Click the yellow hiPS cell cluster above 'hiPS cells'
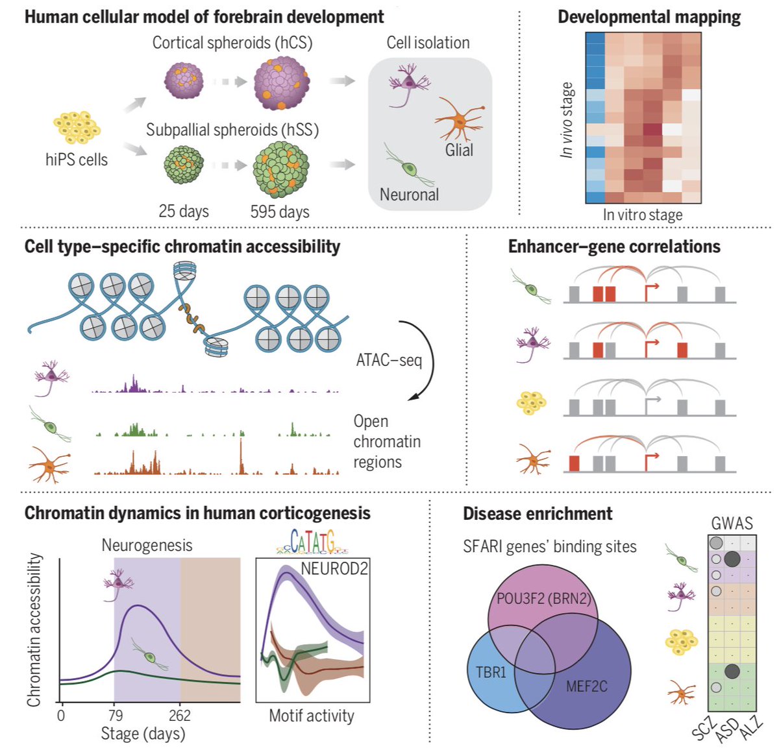pos(77,127)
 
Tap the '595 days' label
pos(280,212)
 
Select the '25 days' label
pos(184,212)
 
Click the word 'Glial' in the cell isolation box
pos(459,150)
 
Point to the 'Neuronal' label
pos(409,194)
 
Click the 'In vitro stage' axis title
pos(642,215)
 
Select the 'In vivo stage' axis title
pos(567,120)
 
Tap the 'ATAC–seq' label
pos(389,359)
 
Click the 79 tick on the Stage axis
pos(115,716)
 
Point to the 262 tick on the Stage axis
pos(180,716)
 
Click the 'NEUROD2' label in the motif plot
pos(334,569)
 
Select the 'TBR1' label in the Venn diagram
pos(491,672)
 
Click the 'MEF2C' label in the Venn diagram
pos(586,686)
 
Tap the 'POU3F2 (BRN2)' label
pos(544,598)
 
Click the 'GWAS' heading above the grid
pos(732,523)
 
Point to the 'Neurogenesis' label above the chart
pos(147,545)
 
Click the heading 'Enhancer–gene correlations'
pos(614,247)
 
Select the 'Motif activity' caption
pos(312,716)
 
